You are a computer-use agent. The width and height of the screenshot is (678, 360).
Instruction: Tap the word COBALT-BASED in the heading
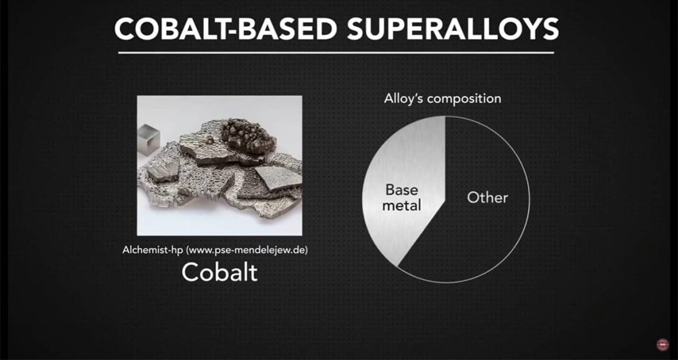tap(224, 28)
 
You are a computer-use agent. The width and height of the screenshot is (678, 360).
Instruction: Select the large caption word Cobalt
tap(219, 272)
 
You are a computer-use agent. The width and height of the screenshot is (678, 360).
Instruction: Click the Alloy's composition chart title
tap(442, 99)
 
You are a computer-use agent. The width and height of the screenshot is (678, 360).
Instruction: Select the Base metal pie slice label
tap(402, 197)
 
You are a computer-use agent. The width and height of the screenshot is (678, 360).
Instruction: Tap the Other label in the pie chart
tap(487, 197)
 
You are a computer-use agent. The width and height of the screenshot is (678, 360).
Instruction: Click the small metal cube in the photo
tap(149, 139)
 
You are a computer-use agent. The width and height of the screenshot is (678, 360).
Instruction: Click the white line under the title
tap(336, 53)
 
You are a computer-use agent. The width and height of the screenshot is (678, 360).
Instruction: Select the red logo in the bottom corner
tap(662, 344)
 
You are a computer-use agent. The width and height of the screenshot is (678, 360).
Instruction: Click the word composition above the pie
tap(464, 99)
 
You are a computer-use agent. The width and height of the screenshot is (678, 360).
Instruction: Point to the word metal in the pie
tap(402, 205)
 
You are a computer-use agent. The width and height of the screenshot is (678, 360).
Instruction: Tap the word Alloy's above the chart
tap(404, 98)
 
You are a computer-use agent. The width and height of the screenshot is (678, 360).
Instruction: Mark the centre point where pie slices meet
tap(446, 200)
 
